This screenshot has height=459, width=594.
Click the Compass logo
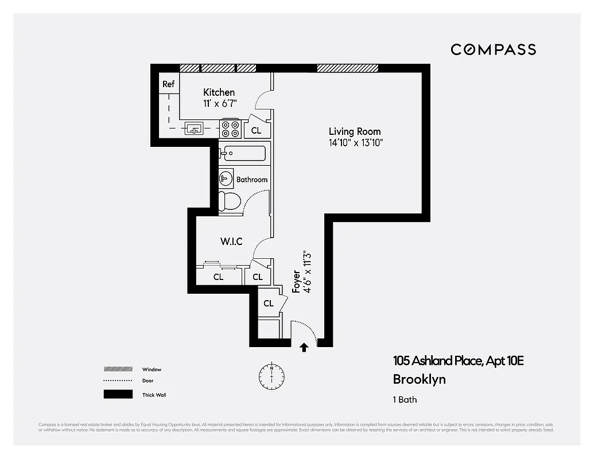coord(493,49)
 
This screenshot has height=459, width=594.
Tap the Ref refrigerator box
coord(168,84)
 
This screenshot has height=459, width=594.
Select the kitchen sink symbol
coord(194,129)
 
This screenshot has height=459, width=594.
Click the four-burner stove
coord(231,128)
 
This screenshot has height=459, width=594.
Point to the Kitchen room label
coord(219,92)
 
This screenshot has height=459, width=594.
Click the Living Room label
coord(354,131)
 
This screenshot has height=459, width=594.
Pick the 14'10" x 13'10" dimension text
coord(355,143)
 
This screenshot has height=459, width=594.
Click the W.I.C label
coord(231,242)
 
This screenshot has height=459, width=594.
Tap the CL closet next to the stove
coord(256,130)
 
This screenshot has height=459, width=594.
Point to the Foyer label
coord(296,282)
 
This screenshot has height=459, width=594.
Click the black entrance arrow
coord(304,347)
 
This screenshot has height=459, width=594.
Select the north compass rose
coord(271,375)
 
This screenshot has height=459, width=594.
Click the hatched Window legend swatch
coord(118,369)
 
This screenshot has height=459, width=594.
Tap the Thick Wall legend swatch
coord(118,395)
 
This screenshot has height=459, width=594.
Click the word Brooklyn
coord(419,379)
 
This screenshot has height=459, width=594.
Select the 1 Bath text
coord(406,400)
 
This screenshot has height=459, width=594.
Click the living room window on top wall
coord(347,68)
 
